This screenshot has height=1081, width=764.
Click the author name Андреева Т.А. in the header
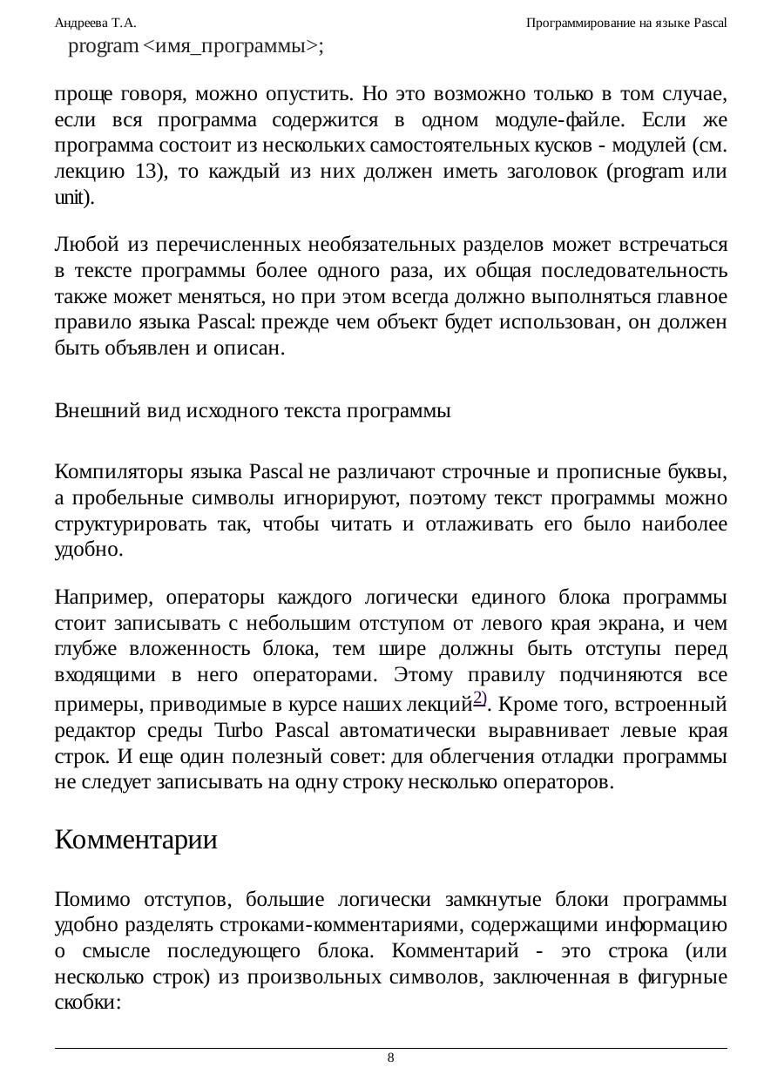pos(95,23)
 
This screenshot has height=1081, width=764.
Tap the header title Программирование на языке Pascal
pos(626,23)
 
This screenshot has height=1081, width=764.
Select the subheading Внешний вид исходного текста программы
pos(253,411)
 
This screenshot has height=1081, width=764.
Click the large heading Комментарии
pos(136,841)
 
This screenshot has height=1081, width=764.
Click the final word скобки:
pos(87,1002)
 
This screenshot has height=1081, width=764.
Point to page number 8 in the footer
pos(390,1057)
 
